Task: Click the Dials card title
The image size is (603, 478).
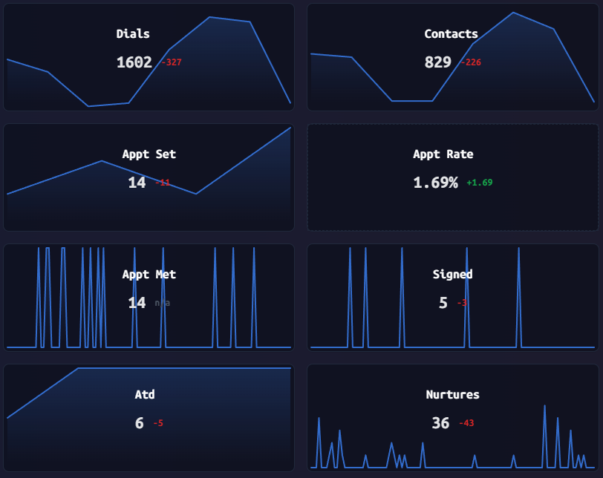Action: point(133,33)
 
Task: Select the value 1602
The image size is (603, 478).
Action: point(134,62)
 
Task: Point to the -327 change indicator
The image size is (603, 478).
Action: point(172,62)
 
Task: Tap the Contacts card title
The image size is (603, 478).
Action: point(451,33)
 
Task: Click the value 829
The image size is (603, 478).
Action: point(437,62)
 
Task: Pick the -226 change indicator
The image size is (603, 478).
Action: point(471,62)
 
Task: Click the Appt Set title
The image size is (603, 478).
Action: point(149,154)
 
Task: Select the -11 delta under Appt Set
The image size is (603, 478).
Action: point(163,183)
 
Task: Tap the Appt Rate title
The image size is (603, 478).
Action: point(443,154)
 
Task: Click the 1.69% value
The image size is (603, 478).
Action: point(435,183)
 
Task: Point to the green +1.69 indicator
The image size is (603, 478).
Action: point(480,183)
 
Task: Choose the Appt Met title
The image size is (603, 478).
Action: point(149,275)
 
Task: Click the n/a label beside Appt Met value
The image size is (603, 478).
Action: point(162,303)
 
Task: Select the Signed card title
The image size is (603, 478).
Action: point(452,275)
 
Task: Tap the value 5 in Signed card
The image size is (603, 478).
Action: point(443,303)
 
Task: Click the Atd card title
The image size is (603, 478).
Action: point(145,395)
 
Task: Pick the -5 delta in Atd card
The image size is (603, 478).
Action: point(158,423)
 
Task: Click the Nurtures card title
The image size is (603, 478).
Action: point(452,395)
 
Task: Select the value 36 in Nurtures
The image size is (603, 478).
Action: point(440,423)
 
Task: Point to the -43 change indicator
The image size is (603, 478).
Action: point(466,423)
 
